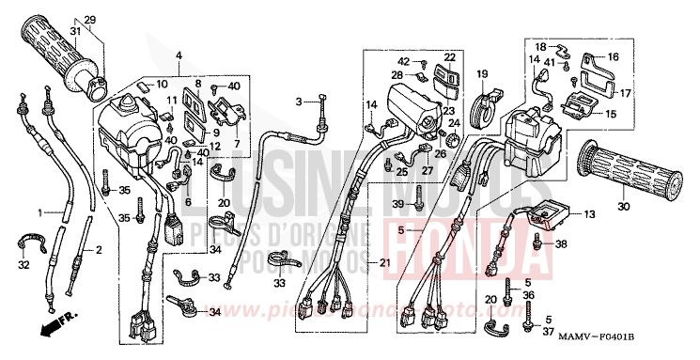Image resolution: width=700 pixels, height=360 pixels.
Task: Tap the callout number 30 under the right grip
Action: coord(624,207)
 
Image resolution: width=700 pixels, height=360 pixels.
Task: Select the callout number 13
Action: coord(589,215)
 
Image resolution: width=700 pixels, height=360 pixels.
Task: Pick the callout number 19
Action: coord(482,73)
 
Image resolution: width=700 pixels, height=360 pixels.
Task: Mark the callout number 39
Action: coord(398,204)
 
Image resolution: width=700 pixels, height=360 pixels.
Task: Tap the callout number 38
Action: coord(562,244)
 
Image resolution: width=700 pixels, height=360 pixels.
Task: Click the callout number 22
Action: coord(450,56)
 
